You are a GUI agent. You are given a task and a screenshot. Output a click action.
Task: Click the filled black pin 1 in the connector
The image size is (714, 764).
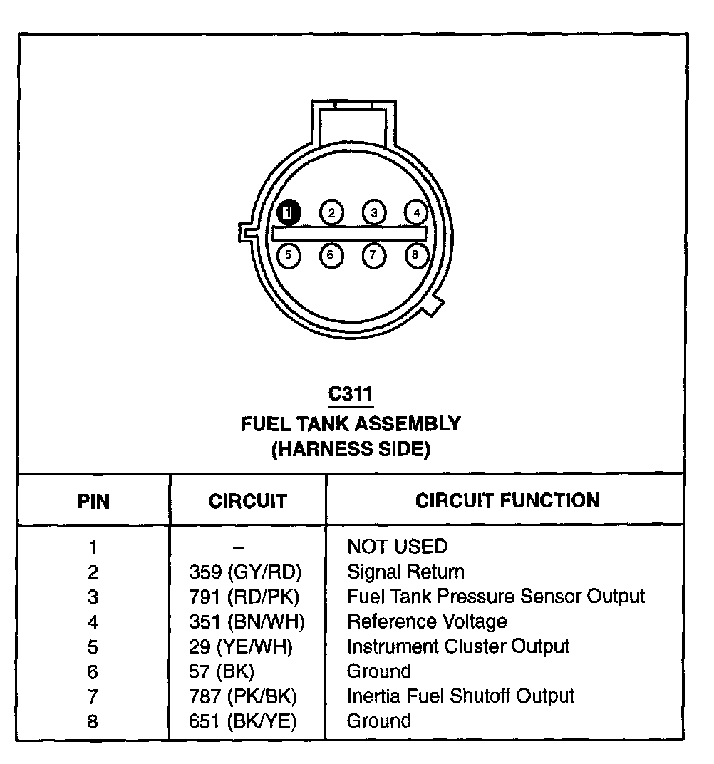tap(289, 212)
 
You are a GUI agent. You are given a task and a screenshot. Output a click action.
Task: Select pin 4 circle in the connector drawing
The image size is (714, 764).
tap(415, 212)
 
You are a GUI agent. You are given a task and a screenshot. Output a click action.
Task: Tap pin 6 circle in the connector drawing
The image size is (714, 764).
tap(331, 254)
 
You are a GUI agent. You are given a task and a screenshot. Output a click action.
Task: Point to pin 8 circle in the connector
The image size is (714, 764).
tap(415, 254)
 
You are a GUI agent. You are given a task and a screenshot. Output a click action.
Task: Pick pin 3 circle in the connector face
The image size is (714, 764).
tap(373, 212)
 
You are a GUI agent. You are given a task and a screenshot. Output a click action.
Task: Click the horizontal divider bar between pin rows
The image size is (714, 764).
tap(349, 233)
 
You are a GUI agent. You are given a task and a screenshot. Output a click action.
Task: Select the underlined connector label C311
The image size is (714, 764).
tap(350, 393)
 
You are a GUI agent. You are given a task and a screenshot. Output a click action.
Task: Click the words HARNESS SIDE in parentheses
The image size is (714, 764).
tap(351, 450)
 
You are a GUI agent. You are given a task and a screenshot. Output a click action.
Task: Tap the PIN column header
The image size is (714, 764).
tap(93, 501)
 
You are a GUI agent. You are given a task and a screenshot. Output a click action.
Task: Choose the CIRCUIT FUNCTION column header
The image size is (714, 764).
tap(507, 500)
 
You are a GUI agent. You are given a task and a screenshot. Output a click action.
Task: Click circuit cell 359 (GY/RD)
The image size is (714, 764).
tap(246, 572)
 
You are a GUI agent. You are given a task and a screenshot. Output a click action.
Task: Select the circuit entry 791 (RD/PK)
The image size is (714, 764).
tap(244, 597)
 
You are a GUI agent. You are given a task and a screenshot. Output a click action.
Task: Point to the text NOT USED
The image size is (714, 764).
tap(397, 547)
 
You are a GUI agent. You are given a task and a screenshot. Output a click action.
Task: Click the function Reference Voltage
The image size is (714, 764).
tap(426, 621)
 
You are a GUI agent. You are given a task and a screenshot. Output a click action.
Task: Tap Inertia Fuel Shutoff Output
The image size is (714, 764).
tap(460, 696)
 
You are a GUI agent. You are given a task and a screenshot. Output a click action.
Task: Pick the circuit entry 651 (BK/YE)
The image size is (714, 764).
tap(243, 721)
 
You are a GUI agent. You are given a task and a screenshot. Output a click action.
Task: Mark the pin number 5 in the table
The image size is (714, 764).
tap(93, 647)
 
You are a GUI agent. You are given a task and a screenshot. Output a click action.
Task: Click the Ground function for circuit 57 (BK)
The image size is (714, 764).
tap(378, 671)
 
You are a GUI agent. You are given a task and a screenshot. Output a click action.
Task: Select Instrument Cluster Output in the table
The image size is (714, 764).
tap(457, 646)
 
